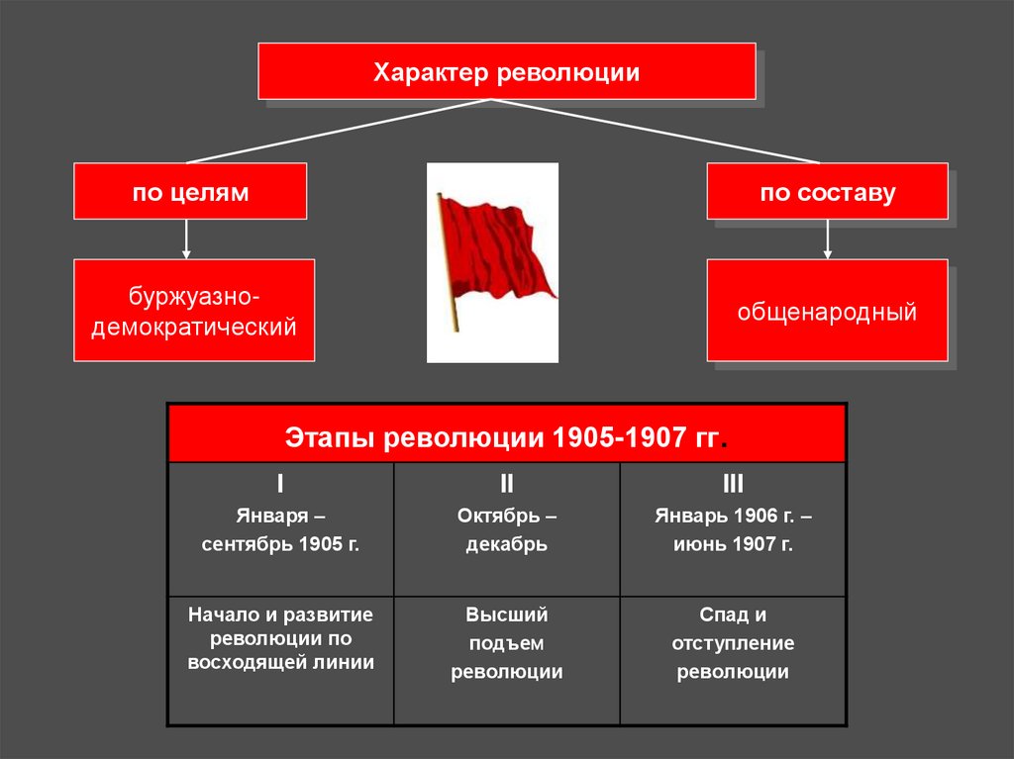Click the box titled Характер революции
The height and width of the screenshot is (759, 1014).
click(506, 71)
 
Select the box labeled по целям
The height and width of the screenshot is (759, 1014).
click(190, 191)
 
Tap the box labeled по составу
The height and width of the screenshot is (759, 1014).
click(827, 191)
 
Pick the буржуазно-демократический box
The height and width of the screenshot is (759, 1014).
click(194, 310)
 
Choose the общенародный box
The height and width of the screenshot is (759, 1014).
click(827, 311)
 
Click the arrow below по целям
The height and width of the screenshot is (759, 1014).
click(186, 239)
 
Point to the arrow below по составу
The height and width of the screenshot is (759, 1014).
click(828, 239)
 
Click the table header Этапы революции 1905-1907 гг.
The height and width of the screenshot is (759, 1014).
click(506, 436)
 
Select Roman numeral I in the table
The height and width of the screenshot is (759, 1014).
click(280, 484)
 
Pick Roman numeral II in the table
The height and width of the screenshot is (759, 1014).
click(506, 484)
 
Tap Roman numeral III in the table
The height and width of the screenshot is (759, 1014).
click(733, 484)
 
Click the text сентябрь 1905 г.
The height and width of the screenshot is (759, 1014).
click(280, 544)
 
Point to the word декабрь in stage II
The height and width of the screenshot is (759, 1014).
click(506, 544)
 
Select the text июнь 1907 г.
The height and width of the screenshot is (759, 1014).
click(733, 544)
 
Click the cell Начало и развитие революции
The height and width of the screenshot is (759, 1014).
click(280, 638)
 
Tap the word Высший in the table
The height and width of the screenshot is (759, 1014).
click(506, 615)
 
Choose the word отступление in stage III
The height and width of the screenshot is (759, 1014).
click(733, 643)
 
